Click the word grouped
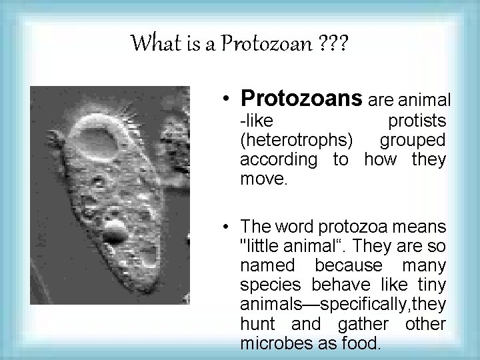[x=413, y=141]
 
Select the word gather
[x=360, y=325]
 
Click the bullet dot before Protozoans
[x=228, y=100]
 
